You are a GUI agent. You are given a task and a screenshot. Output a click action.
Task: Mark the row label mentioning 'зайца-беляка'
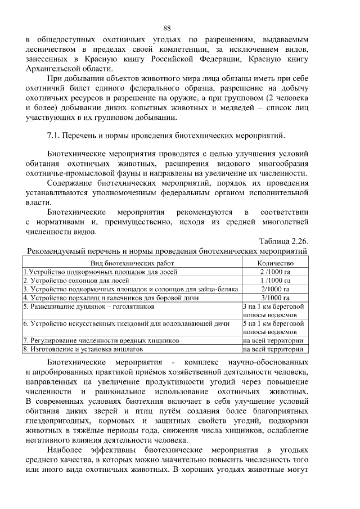[130, 289]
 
